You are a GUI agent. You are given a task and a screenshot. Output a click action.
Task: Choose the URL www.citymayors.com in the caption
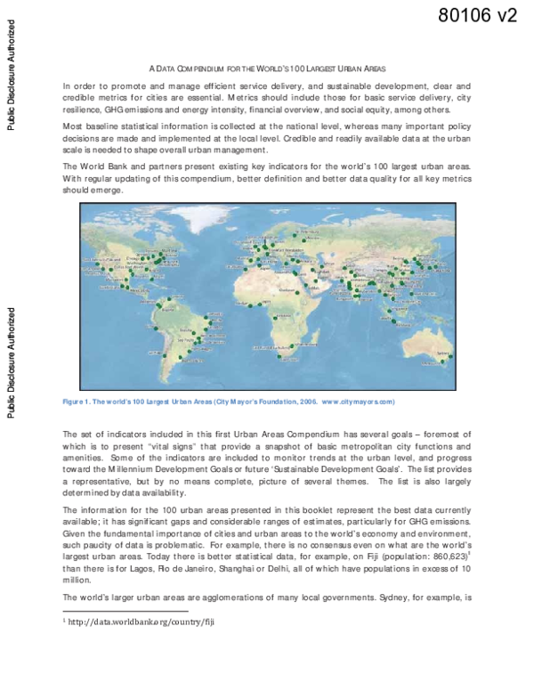click(x=355, y=402)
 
